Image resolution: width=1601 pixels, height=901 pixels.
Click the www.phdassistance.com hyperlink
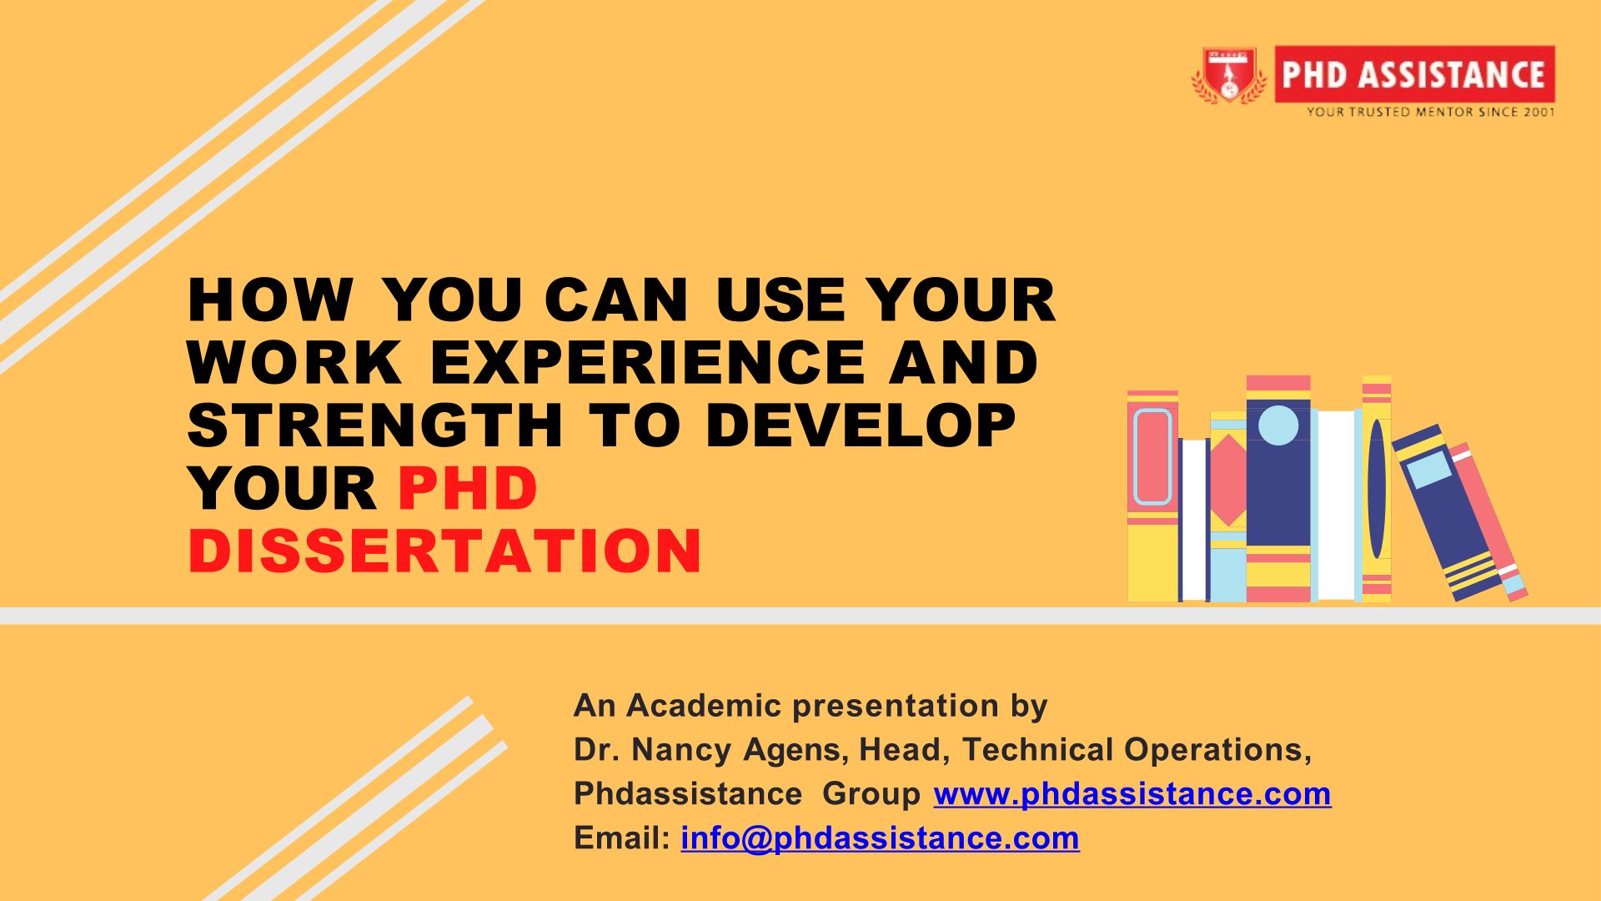[x=1132, y=793]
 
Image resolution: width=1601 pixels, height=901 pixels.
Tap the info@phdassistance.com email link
[x=881, y=838]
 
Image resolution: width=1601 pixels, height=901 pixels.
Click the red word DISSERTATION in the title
[x=445, y=551]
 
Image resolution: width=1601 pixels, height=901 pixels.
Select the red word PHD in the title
[x=468, y=488]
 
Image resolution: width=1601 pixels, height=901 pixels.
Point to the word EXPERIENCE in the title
[x=647, y=362]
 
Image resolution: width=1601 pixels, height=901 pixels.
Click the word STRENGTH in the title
[x=375, y=425]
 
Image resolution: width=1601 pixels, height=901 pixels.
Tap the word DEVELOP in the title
[x=861, y=425]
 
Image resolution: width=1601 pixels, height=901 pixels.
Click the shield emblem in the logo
[x=1229, y=75]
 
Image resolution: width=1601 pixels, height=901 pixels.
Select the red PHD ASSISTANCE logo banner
[x=1414, y=74]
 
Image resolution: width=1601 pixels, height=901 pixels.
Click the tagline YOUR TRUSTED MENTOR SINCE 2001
[x=1430, y=112]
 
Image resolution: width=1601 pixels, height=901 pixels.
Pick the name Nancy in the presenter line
[x=683, y=750]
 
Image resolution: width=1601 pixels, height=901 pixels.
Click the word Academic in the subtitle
[x=704, y=706]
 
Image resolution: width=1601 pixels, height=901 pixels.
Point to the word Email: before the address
[x=622, y=838]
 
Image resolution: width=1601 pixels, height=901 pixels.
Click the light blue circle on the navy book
[x=1278, y=424]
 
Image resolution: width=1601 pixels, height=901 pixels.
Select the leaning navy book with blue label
[x=1448, y=512]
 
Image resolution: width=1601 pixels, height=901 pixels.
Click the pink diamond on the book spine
[x=1228, y=480]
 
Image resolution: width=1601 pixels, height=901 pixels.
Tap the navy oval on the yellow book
[x=1377, y=489]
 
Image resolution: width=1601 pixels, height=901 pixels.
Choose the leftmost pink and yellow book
[x=1152, y=496]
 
